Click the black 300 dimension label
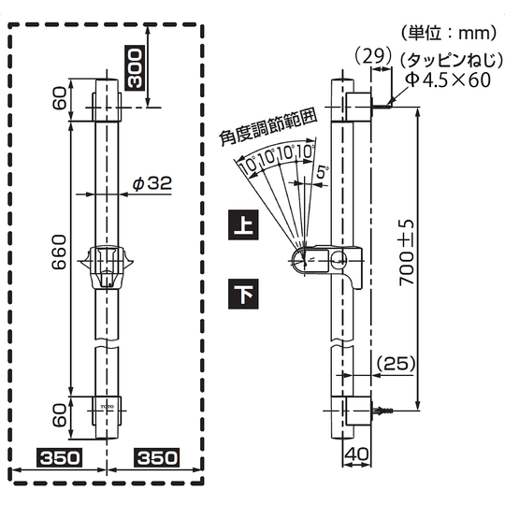(x=135, y=68)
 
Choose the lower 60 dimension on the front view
(x=58, y=411)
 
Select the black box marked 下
(x=242, y=295)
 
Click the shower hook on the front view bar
(x=107, y=267)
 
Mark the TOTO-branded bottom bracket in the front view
(x=107, y=409)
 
